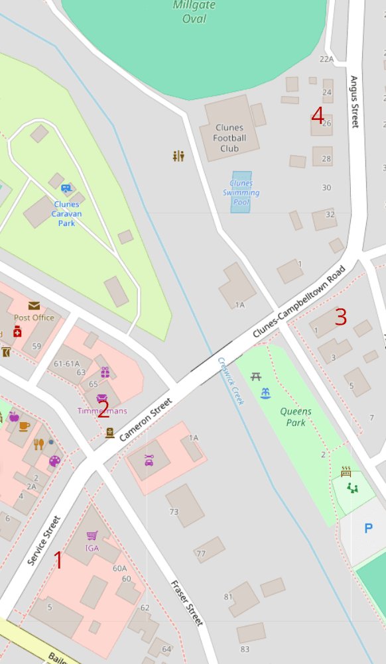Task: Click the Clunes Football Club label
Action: coord(229,138)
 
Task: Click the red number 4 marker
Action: coord(318,117)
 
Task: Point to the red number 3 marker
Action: coord(341,317)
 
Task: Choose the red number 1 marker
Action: coord(58,561)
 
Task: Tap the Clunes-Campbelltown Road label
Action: coord(299,302)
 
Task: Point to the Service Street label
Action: coord(44,540)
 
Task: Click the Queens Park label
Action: coord(295,417)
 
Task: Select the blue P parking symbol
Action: coord(368,528)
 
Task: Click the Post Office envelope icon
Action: coord(34,305)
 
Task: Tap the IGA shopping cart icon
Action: coord(92,535)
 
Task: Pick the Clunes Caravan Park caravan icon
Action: coord(66,190)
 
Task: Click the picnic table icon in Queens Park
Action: coord(256,377)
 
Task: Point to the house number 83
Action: coord(245,649)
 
